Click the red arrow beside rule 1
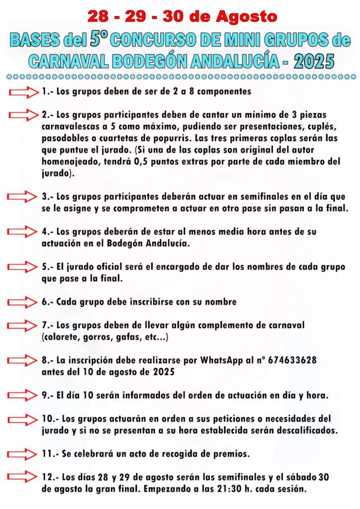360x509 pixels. point(24,92)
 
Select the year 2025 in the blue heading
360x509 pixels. point(314,61)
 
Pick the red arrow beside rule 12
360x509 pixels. point(24,478)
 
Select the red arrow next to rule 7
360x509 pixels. point(24,326)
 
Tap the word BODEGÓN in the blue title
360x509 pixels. point(154,61)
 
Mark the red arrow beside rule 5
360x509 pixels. point(24,267)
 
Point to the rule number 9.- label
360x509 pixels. point(48,396)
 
